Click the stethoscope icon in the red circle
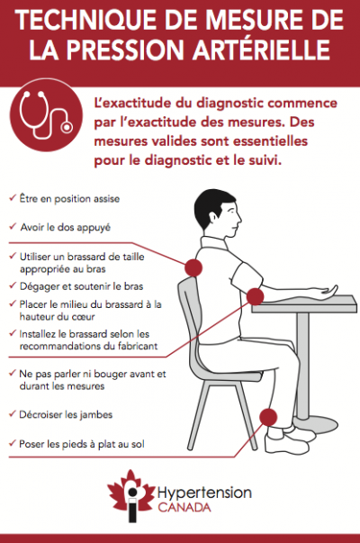click(46, 115)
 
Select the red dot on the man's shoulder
click(193, 267)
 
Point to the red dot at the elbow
click(255, 296)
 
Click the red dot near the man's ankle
click(268, 417)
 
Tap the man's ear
click(219, 217)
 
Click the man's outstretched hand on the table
click(325, 291)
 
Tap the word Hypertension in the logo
click(204, 493)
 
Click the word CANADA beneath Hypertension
click(184, 508)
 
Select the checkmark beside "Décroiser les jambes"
click(13, 413)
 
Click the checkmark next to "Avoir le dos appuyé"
click(13, 226)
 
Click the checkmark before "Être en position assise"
click(13, 198)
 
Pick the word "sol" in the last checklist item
click(138, 444)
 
